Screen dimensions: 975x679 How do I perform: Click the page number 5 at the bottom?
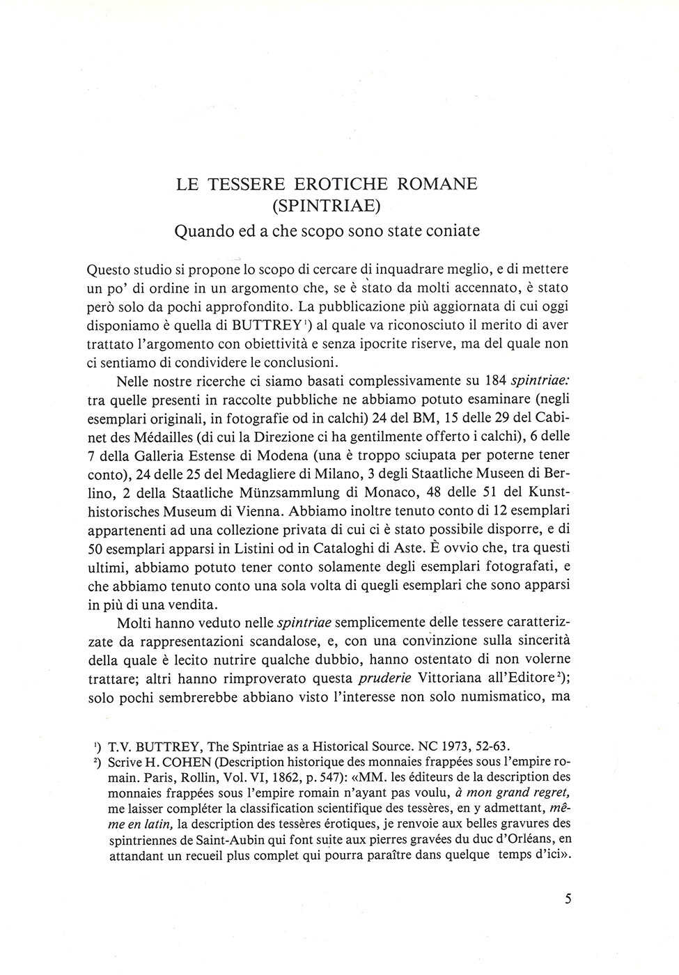[x=568, y=899]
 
